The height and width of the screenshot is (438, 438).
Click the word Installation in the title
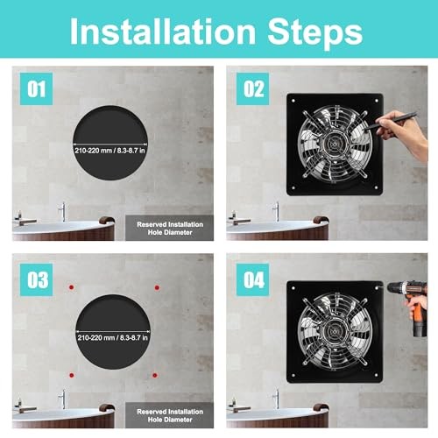tap(163, 32)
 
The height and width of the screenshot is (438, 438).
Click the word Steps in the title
tap(315, 33)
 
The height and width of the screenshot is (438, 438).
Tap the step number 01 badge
tap(36, 88)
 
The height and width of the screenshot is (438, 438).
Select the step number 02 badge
tap(252, 88)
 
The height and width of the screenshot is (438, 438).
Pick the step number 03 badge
tap(36, 279)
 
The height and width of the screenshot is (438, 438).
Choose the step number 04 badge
tap(252, 279)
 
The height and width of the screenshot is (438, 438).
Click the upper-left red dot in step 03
tap(71, 287)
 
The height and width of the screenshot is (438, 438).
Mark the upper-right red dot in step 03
tap(157, 287)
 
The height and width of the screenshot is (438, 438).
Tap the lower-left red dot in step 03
tap(72, 375)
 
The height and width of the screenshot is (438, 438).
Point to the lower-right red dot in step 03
tap(155, 375)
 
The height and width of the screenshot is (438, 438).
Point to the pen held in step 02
tap(390, 121)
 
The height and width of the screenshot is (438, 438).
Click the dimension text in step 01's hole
tap(109, 151)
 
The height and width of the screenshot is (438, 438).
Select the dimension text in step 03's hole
tap(113, 338)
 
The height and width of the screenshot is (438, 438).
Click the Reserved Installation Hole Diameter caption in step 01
tap(170, 229)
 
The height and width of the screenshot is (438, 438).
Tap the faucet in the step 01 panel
tap(62, 211)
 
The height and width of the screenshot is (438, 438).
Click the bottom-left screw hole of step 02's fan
tap(293, 187)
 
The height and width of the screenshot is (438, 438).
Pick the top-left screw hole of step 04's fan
tap(293, 288)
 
